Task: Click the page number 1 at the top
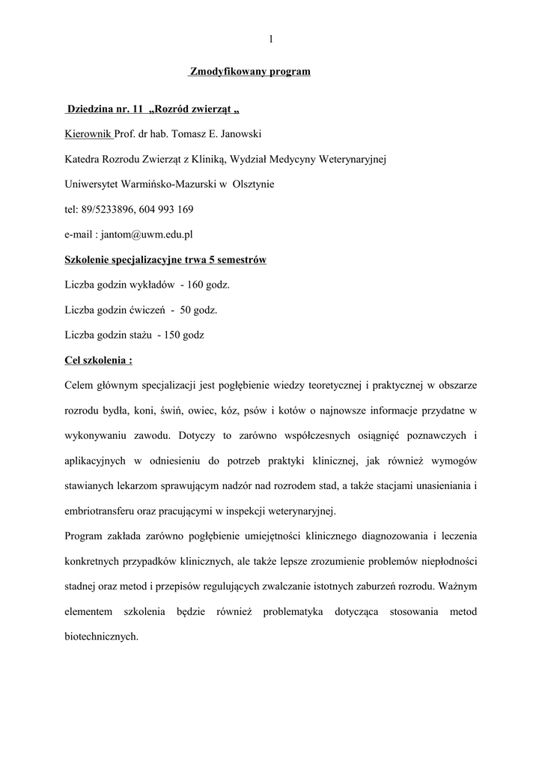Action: point(270,38)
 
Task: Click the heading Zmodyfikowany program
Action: point(249,72)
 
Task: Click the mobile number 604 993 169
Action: point(162,210)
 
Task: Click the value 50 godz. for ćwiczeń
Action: point(199,310)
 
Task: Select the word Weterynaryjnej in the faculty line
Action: point(353,160)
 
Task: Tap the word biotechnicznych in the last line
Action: point(101,637)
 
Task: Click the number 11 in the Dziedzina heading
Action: point(137,109)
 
